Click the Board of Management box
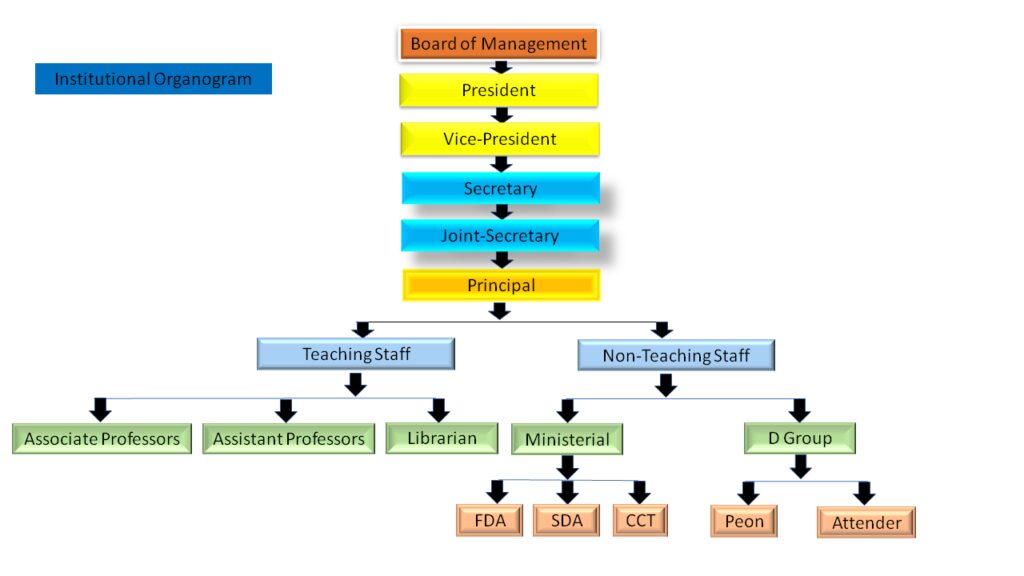click(x=498, y=44)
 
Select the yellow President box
click(x=498, y=90)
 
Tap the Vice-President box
click(x=499, y=139)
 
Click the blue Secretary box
click(x=500, y=188)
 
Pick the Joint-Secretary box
click(x=500, y=236)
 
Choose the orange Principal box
click(x=501, y=285)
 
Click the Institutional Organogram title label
click(x=153, y=79)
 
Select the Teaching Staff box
click(x=356, y=354)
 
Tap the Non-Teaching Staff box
click(x=676, y=355)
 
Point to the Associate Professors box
click(x=102, y=438)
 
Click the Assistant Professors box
click(x=289, y=438)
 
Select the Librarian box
click(x=442, y=437)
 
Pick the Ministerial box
click(x=567, y=439)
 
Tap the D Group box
click(x=800, y=438)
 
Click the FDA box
click(x=489, y=520)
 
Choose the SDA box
click(x=566, y=520)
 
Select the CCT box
click(x=640, y=520)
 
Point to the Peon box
click(x=744, y=521)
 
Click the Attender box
click(x=866, y=522)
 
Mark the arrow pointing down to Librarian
click(x=438, y=409)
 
